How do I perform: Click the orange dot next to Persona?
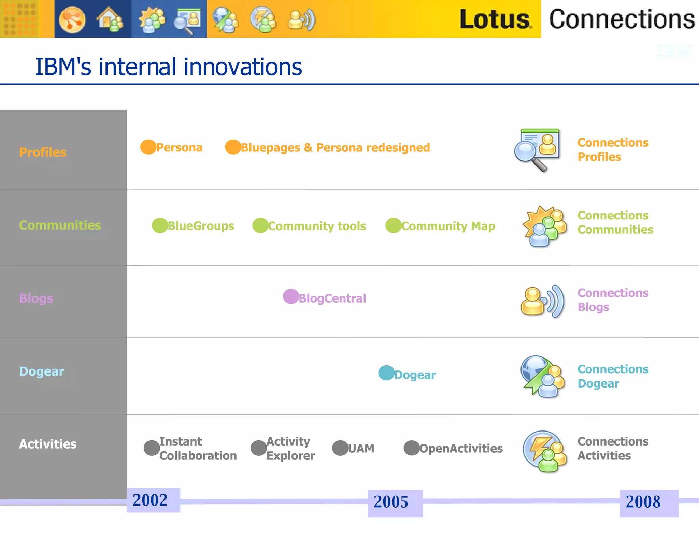point(148,147)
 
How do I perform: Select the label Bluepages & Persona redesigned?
point(335,148)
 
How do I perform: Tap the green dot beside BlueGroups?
point(160,225)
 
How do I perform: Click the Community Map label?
point(448,226)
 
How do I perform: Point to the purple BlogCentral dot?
point(291,296)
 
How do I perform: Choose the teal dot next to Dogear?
point(386,373)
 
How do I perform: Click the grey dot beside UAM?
point(340,448)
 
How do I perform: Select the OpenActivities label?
point(461,449)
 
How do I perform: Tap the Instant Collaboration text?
point(198,449)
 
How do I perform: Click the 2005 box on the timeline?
point(395,503)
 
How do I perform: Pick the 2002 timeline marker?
point(153,500)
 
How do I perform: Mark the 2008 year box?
point(648,503)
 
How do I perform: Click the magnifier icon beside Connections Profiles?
point(537,150)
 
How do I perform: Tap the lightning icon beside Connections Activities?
point(544,451)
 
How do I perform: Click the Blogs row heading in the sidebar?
point(36,298)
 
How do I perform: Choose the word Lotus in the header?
point(495,19)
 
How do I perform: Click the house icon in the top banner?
point(109,19)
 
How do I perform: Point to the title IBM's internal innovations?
point(169,67)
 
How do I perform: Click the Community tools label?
point(317,226)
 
